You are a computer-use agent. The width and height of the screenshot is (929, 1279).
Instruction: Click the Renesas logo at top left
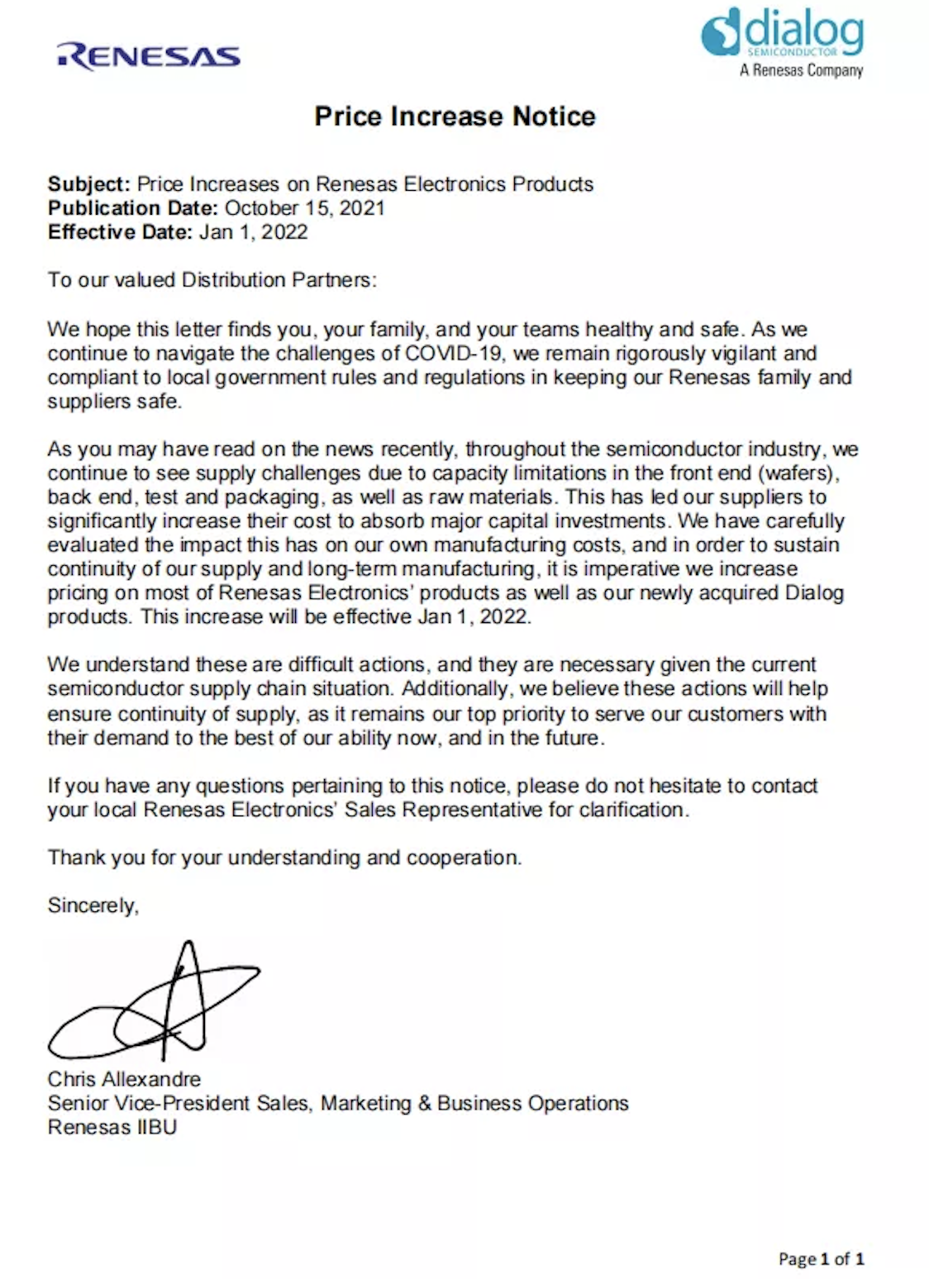149,56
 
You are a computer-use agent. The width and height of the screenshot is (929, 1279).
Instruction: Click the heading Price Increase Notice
455,116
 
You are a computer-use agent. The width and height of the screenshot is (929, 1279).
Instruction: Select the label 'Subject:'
88,183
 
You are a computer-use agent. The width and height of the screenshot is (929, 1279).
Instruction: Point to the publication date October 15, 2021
305,207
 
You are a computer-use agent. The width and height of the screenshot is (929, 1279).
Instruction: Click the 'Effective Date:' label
120,231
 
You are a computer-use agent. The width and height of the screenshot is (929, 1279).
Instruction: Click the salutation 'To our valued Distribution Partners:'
212,279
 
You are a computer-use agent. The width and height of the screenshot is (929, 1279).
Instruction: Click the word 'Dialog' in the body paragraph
813,592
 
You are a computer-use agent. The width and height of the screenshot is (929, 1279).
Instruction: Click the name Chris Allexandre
124,1079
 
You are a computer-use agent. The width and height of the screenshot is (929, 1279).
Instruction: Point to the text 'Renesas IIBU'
112,1127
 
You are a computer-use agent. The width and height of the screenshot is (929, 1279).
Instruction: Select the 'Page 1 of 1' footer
821,1258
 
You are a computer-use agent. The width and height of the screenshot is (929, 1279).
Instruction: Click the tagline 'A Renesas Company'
801,70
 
